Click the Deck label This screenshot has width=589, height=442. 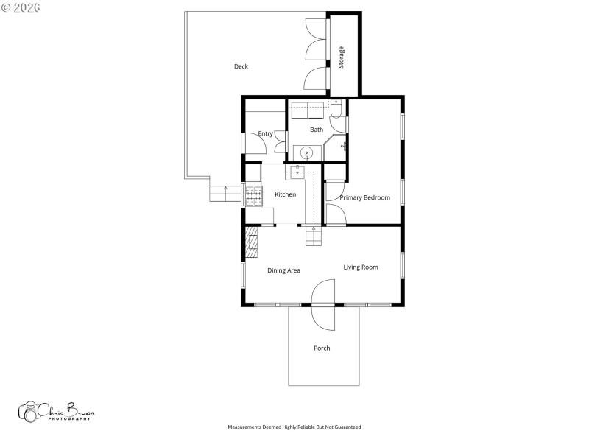[x=241, y=66]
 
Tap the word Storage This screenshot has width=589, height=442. [x=342, y=57]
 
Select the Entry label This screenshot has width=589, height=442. [x=265, y=134]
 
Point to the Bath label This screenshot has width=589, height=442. [x=316, y=130]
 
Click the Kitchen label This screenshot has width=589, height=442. [x=285, y=194]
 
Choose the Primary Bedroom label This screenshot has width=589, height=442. [x=364, y=197]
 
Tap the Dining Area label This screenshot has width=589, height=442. [x=283, y=270]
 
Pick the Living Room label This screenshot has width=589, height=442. [x=360, y=267]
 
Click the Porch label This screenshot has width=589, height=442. [x=322, y=348]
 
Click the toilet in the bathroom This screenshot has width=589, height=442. [x=336, y=110]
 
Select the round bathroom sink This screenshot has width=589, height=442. [x=307, y=153]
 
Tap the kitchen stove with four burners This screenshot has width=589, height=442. [x=253, y=194]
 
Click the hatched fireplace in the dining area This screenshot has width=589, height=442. [x=252, y=241]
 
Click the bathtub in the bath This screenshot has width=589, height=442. [x=308, y=110]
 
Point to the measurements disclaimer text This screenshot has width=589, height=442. [x=294, y=427]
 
